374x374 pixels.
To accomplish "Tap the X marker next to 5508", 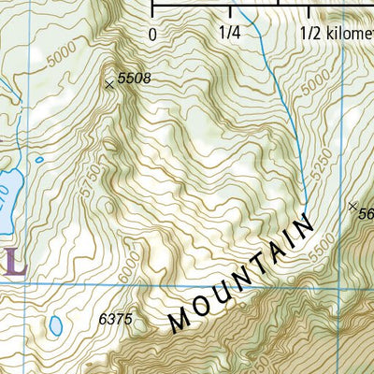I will click(x=109, y=84).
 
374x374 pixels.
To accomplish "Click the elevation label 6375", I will click(x=117, y=320).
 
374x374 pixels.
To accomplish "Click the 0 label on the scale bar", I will click(x=152, y=34).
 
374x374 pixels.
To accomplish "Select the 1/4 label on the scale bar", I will click(x=229, y=34).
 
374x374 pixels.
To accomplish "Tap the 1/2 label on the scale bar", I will click(x=311, y=34).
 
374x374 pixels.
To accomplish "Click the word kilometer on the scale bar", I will click(x=351, y=34).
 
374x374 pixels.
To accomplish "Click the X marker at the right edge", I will click(x=352, y=206).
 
